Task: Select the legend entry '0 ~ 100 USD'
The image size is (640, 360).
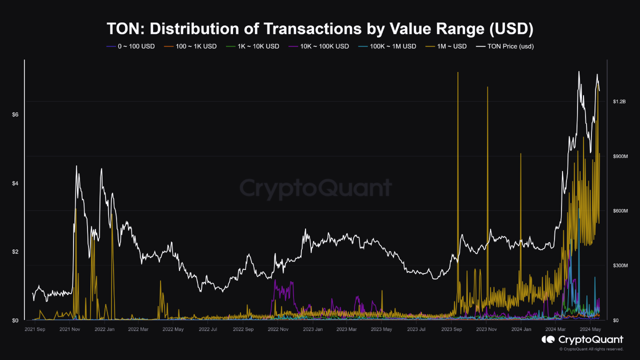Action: pyautogui.click(x=131, y=46)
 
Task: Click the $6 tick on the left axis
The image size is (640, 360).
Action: pyautogui.click(x=15, y=115)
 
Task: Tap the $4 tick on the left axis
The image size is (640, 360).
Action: pyautogui.click(x=15, y=183)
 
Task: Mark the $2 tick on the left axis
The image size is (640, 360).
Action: pyautogui.click(x=15, y=252)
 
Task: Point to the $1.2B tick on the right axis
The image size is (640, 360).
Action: pyautogui.click(x=620, y=101)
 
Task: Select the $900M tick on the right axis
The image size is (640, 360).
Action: pyautogui.click(x=620, y=156)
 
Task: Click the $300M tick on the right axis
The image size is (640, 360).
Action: pyautogui.click(x=620, y=265)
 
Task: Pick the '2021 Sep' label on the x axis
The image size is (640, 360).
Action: pyautogui.click(x=35, y=329)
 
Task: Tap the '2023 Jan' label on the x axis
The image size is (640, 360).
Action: pyautogui.click(x=312, y=329)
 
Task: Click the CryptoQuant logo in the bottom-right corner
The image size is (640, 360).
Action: pyautogui.click(x=582, y=340)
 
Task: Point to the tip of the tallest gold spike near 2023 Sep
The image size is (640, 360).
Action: pyautogui.click(x=457, y=72)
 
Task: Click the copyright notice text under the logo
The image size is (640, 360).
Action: pyautogui.click(x=591, y=349)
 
